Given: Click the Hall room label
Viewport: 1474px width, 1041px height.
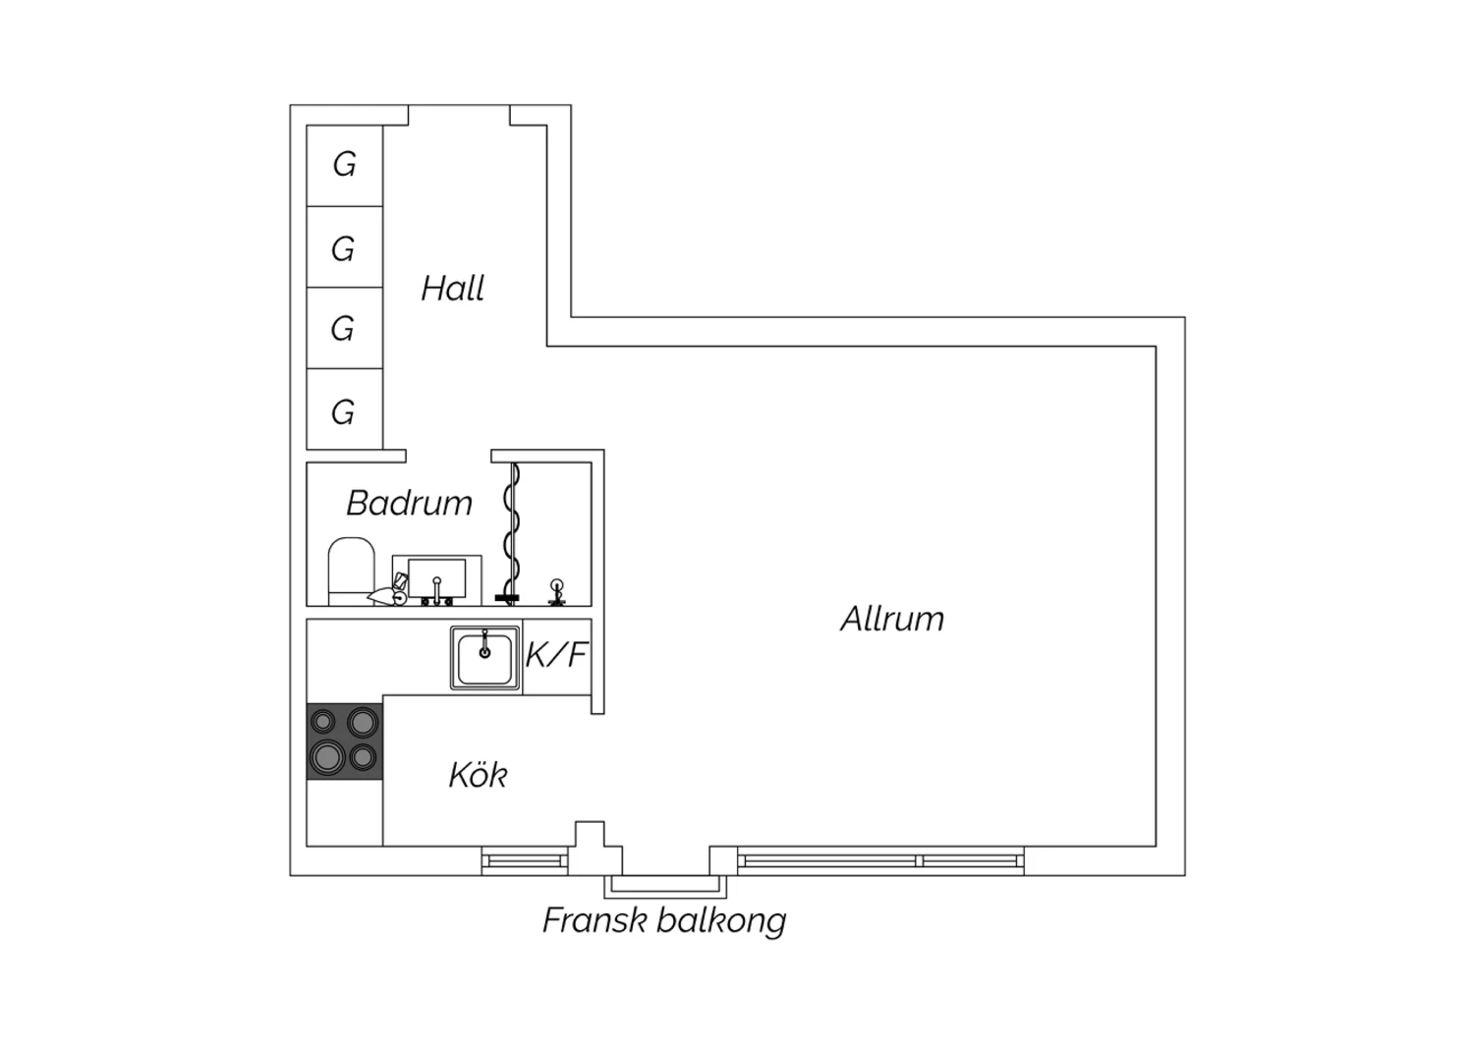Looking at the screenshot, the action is click(453, 288).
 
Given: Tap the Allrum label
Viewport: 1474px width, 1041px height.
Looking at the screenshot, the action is click(892, 619).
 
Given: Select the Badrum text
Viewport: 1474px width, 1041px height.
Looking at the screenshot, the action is click(410, 503).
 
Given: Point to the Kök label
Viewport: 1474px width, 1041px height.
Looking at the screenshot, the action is click(479, 775).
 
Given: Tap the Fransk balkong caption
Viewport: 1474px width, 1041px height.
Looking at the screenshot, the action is click(664, 920).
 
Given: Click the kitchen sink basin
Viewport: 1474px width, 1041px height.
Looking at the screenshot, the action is click(485, 658).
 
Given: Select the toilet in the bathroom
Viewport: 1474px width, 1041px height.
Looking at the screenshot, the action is click(351, 571).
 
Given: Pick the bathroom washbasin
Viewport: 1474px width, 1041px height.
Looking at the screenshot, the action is click(437, 579).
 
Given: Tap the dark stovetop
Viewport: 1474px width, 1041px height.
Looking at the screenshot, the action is click(344, 741).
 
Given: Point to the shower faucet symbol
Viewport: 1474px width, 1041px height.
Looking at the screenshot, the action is click(557, 591).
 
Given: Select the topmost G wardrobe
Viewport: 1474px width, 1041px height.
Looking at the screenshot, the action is click(344, 166).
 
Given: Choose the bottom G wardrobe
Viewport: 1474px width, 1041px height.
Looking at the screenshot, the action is click(344, 410).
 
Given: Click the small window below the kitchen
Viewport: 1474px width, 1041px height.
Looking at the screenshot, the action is click(525, 861).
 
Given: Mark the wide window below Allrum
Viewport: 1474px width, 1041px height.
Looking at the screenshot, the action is click(880, 861).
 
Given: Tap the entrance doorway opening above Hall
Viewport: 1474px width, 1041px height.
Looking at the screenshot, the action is click(459, 115).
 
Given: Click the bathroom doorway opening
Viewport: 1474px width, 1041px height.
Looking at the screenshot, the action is click(449, 457).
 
